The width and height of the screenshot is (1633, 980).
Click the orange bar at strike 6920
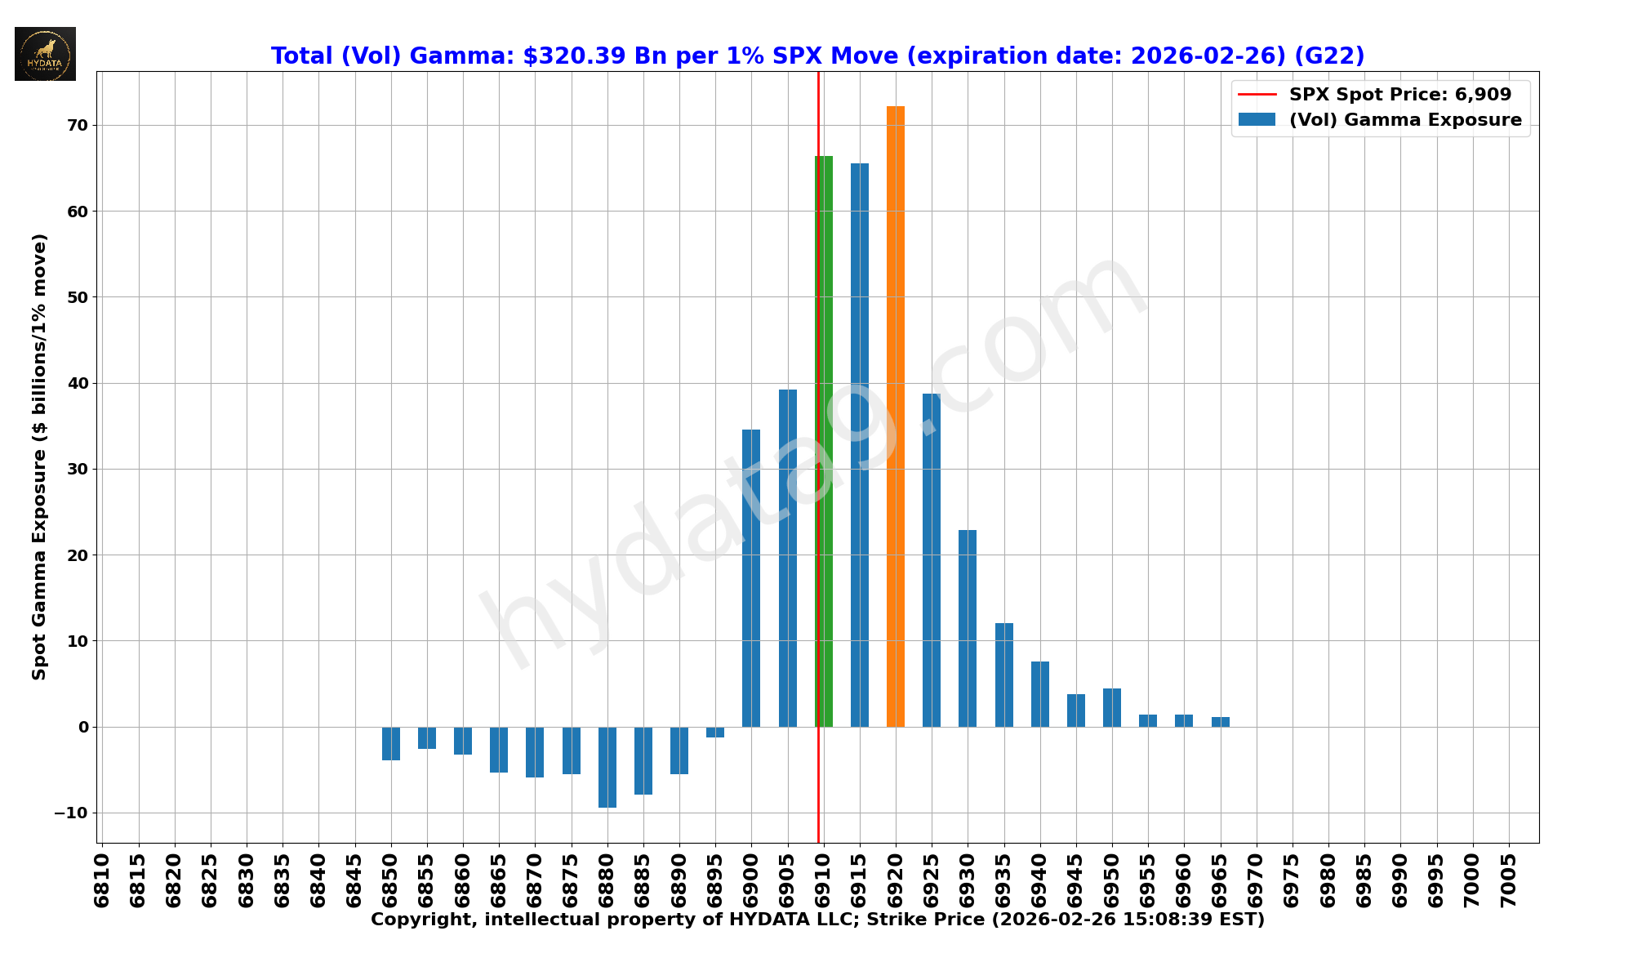pos(895,416)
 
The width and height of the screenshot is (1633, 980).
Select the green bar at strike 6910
pos(825,441)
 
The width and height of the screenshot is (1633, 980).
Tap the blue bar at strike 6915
pos(859,445)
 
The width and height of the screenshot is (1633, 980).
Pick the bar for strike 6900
pos(751,578)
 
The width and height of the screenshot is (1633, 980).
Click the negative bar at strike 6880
pos(607,767)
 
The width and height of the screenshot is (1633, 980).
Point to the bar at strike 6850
pos(391,743)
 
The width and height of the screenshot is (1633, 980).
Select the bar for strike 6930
pos(968,628)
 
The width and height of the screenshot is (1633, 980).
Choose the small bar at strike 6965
pos(1220,722)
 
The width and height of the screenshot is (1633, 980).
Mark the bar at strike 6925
pos(932,560)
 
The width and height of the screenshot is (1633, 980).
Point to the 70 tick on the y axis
pos(78,126)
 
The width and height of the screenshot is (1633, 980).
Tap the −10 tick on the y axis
pos(71,813)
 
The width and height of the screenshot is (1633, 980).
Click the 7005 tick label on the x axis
pos(1509,880)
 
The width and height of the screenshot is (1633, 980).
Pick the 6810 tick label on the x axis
pos(102,880)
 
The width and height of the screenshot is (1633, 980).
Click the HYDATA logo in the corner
pos(45,54)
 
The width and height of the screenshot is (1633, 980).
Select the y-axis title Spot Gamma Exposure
pos(39,457)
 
